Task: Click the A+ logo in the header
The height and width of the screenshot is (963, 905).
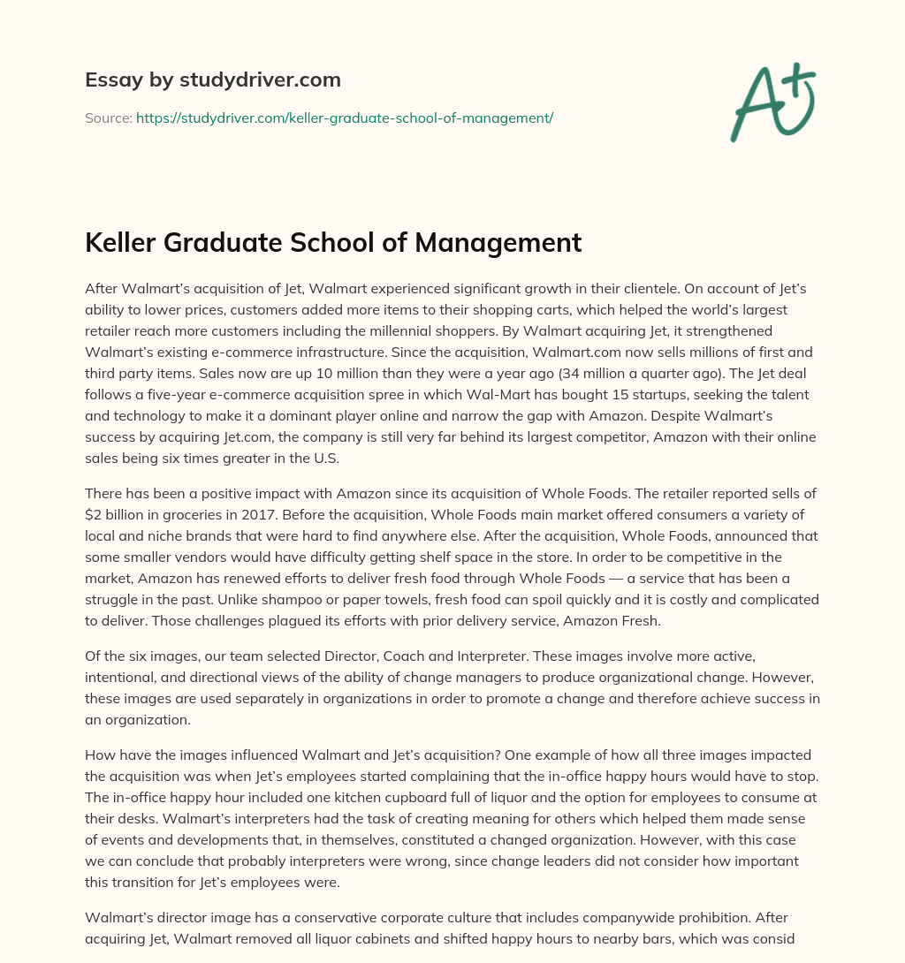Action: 772,102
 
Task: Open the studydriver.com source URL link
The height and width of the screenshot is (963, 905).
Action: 344,118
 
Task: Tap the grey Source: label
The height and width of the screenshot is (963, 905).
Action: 108,118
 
